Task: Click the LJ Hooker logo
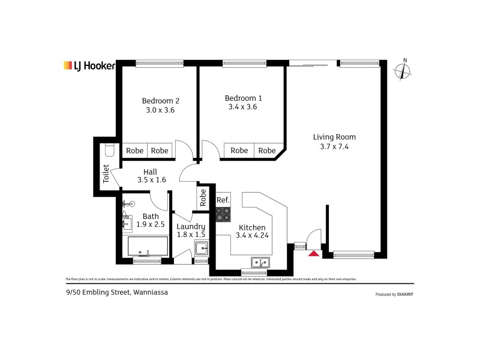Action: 89,65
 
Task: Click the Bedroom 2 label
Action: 160,101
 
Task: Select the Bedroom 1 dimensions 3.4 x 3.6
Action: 243,107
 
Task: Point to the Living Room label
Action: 331,137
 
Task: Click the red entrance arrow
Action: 313,254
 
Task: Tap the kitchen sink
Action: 260,262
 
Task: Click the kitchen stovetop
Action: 223,214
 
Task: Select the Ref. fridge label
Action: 223,200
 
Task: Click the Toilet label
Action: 106,174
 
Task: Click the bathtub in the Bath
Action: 148,246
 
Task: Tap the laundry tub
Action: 202,248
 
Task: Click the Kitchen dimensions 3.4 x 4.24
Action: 252,236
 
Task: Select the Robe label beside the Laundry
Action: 203,197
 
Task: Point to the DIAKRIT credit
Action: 403,295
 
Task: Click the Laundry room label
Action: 191,226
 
